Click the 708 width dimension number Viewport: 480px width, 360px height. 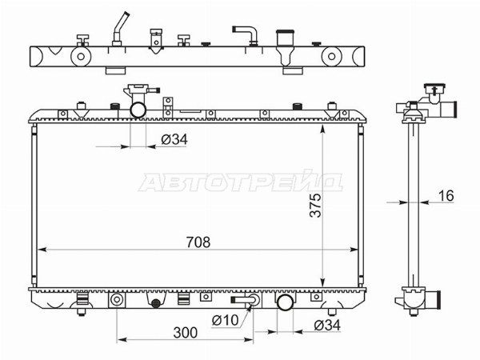198,242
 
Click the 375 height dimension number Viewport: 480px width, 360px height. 316,205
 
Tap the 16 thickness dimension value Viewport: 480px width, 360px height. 446,196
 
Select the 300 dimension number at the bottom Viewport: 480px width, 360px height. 186,333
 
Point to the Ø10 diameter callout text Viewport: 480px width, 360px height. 226,320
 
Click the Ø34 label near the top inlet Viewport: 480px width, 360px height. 174,139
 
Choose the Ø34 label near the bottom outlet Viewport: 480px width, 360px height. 327,325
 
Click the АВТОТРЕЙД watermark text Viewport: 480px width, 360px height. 241,182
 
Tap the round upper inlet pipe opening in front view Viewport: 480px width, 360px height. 138,110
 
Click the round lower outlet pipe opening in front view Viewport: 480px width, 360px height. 285,302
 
